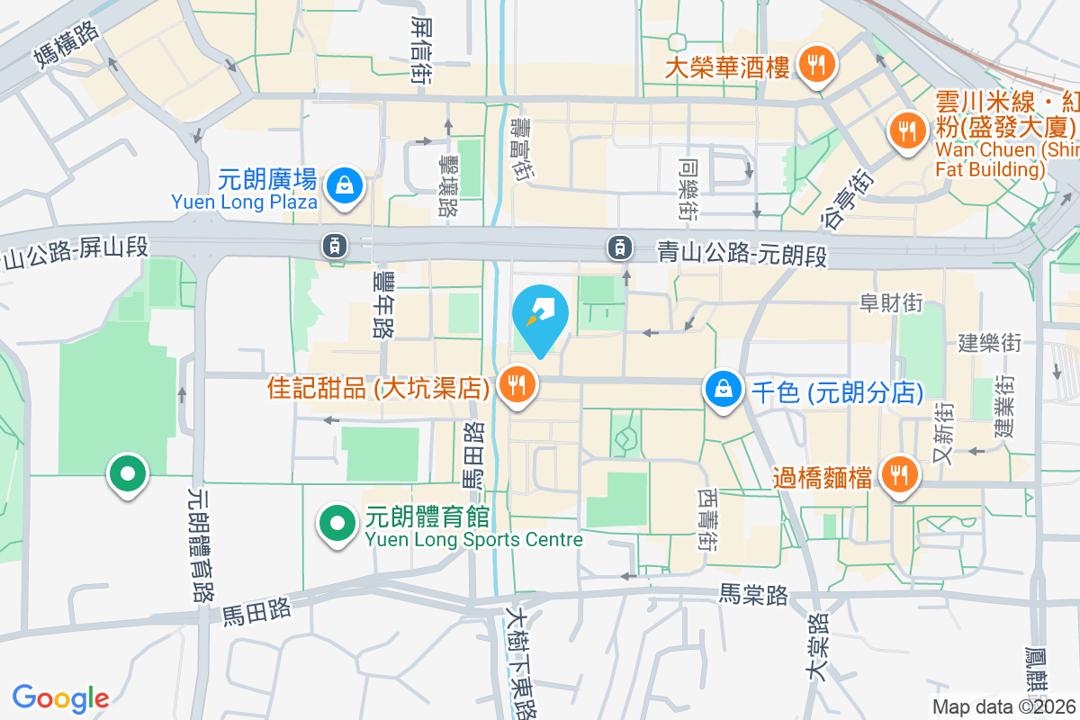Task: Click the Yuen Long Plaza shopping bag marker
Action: coord(344,186)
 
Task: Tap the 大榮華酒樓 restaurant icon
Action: coord(816,65)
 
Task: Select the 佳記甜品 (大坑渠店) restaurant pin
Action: coord(517,386)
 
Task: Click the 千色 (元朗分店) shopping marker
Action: coord(724,390)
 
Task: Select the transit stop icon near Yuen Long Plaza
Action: coord(334,244)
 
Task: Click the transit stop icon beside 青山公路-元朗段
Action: coord(619,246)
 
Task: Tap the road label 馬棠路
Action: coord(753,595)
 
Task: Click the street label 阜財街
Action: coord(891,303)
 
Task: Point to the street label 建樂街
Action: coord(989,343)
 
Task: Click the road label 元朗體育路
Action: coord(201,544)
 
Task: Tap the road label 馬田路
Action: coord(257,611)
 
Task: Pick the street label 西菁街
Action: coord(706,520)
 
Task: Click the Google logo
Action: coord(60,697)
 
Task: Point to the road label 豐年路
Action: coord(382,306)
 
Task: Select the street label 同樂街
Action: coord(689,190)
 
